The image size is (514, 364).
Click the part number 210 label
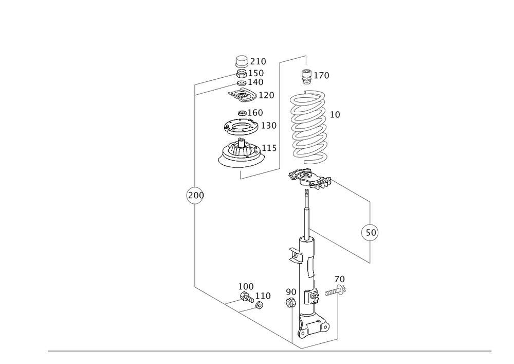[x=259, y=62]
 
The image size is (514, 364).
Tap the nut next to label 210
[x=241, y=61]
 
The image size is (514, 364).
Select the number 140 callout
[x=256, y=81]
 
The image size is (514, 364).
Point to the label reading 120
[x=267, y=95]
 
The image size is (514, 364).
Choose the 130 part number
[x=269, y=125]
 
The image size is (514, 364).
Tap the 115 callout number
[x=270, y=148]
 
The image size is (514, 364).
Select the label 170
[x=322, y=75]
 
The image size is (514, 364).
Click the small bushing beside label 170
[x=307, y=75]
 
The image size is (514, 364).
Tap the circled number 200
[x=195, y=196]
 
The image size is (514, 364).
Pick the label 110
[x=263, y=296]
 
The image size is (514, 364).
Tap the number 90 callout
[x=291, y=292]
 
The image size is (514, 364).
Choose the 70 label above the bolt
[x=339, y=279]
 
